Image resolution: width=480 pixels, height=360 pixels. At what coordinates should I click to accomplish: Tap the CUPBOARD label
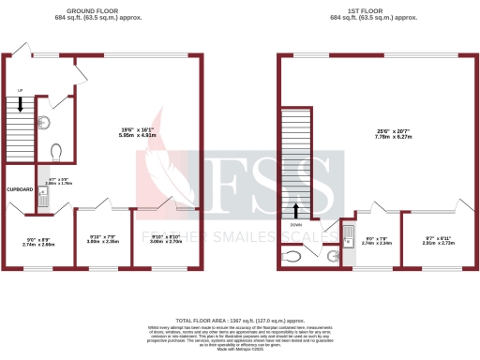pos(20,189)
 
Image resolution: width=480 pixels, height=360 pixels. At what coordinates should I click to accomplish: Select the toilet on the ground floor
pos(56,151)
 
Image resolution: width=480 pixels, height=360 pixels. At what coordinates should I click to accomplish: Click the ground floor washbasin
pos(45,121)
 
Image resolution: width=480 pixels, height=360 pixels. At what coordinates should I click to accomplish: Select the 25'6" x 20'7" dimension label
pos(382,131)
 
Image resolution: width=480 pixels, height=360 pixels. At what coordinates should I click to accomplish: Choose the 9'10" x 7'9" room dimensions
pos(103,238)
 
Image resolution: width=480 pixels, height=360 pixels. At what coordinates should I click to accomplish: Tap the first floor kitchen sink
pos(348,233)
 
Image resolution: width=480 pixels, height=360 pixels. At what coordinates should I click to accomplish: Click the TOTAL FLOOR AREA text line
pos(240,320)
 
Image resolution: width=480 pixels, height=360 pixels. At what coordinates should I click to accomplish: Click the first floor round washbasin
pos(335,253)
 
